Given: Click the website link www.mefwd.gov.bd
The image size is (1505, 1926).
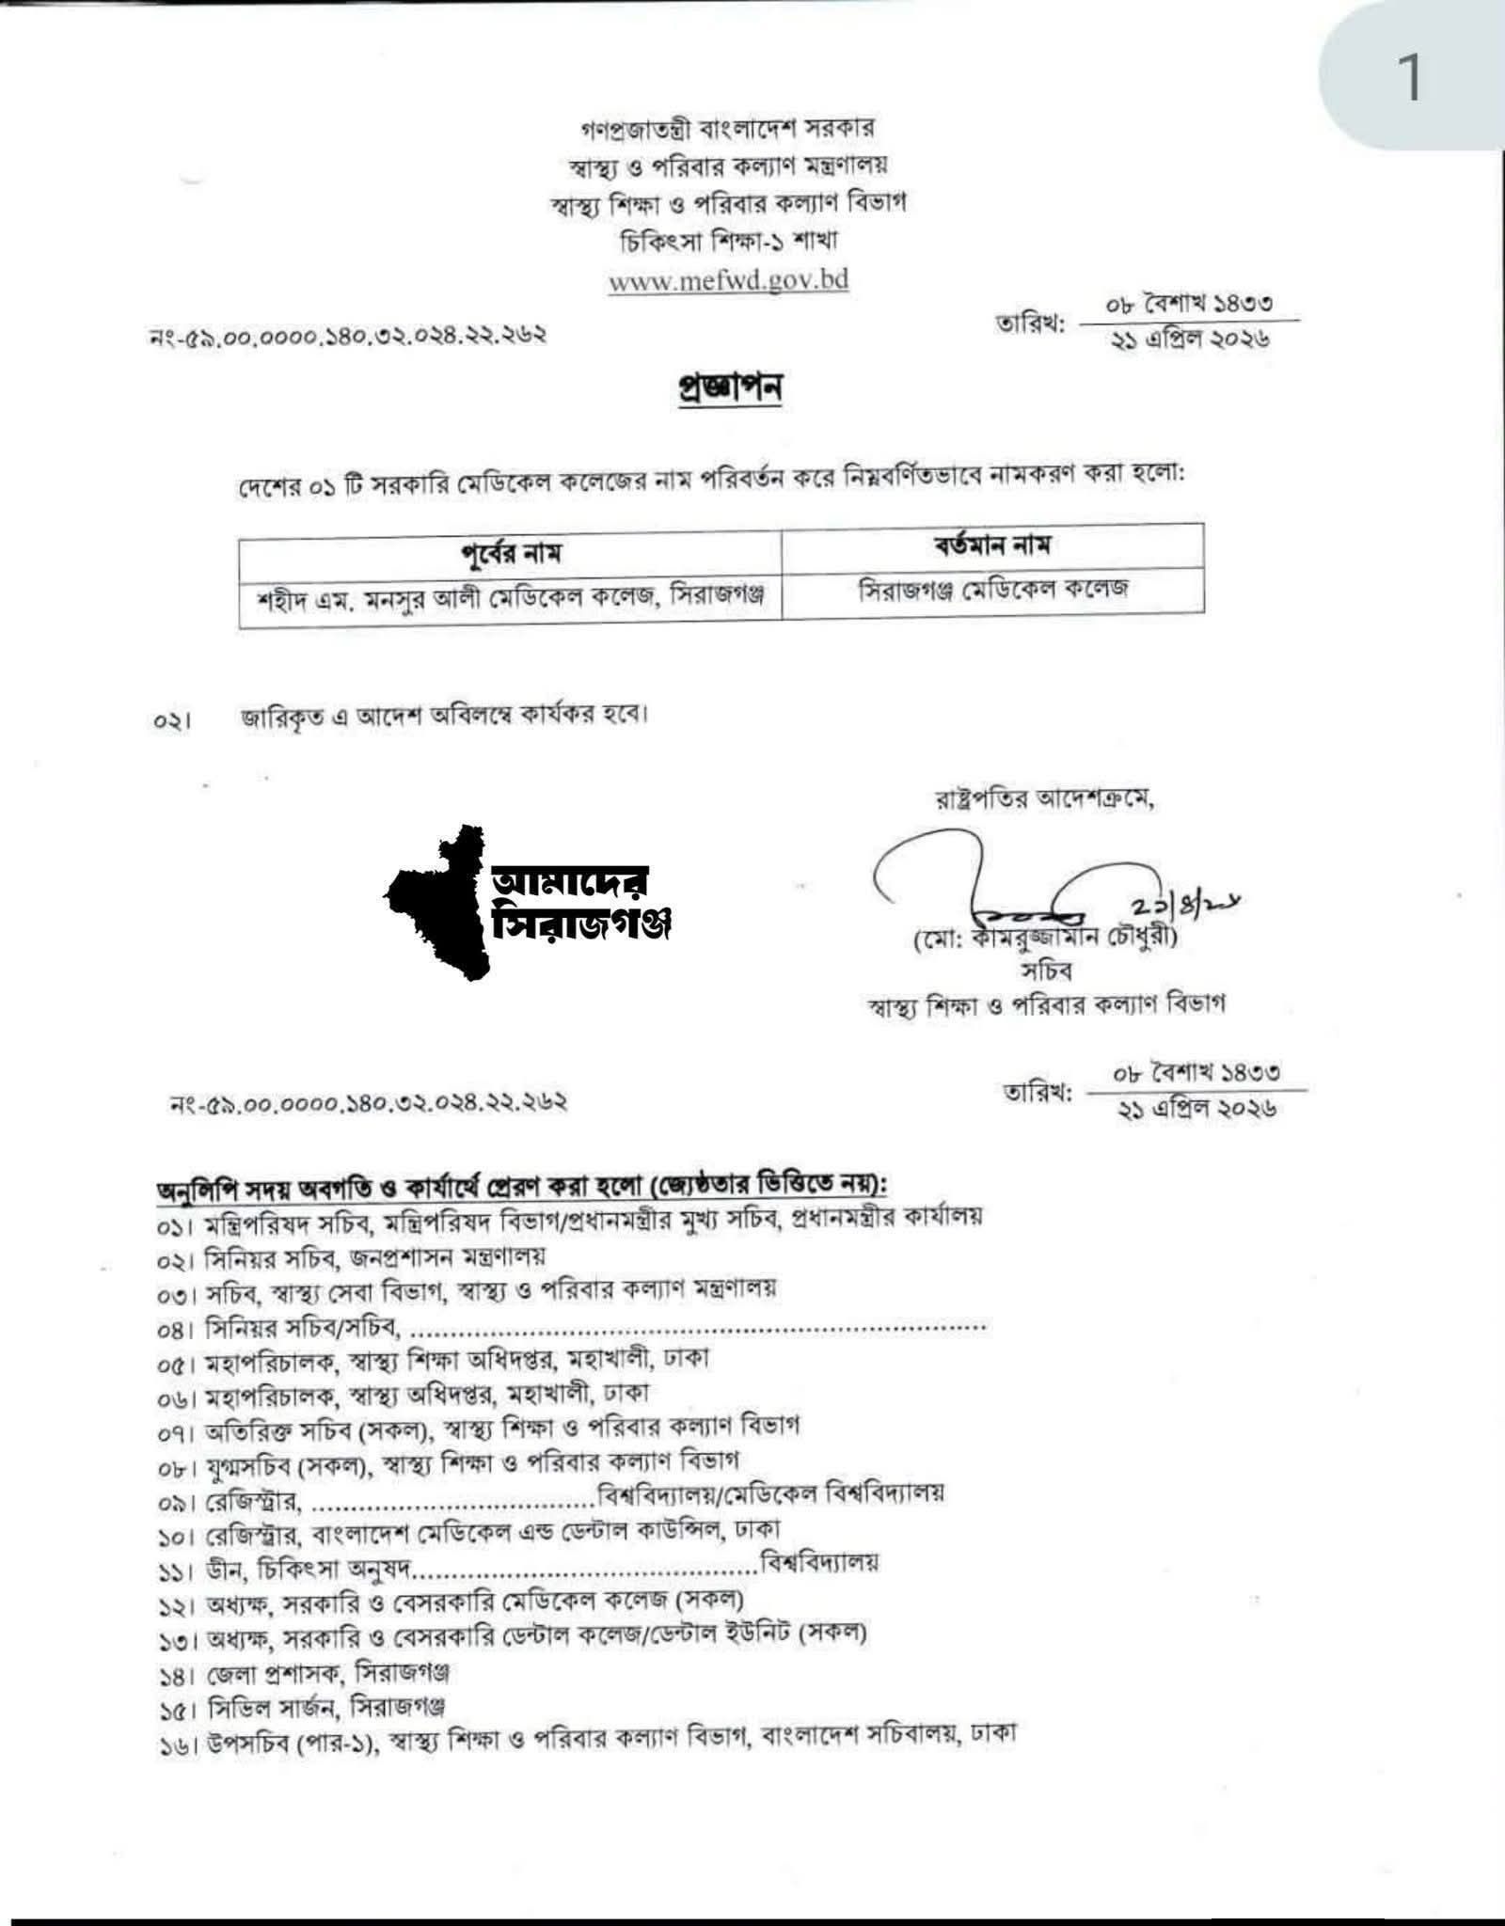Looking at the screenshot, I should pos(728,280).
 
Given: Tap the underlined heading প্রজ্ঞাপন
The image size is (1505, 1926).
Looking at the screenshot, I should pos(730,388).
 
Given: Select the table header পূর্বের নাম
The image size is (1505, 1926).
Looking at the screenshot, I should pos(511,553).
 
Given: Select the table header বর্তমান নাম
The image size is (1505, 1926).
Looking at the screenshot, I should pos(992,545).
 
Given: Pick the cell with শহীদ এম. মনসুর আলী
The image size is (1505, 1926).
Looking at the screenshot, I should pos(510,596).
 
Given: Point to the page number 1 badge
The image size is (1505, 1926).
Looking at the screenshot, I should pos(1409,78).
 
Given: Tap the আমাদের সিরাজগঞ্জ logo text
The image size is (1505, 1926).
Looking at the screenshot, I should pos(580,904).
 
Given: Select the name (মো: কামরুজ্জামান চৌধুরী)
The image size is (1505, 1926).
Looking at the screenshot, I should pos(1045,938).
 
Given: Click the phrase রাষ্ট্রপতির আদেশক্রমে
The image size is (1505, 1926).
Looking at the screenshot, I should pos(1043,800).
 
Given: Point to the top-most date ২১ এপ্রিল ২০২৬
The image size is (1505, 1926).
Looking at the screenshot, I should pos(1190,339).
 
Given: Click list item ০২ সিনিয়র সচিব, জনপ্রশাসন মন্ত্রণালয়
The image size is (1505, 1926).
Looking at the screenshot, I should pos(351,1256).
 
